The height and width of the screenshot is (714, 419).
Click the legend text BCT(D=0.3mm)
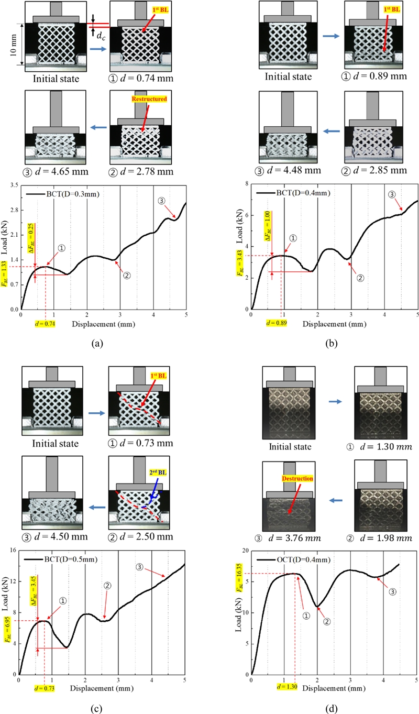64,194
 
